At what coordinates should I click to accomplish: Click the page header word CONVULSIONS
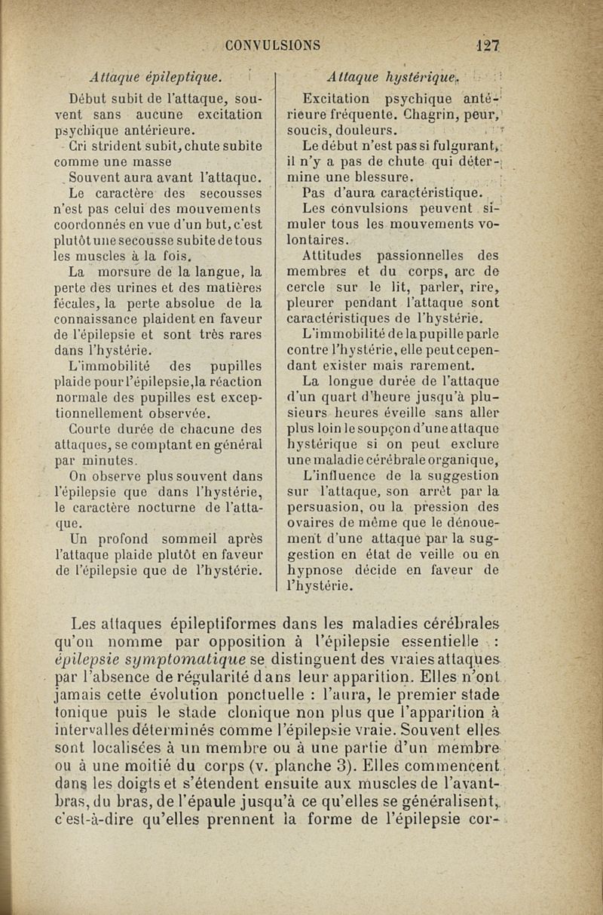(274, 44)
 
